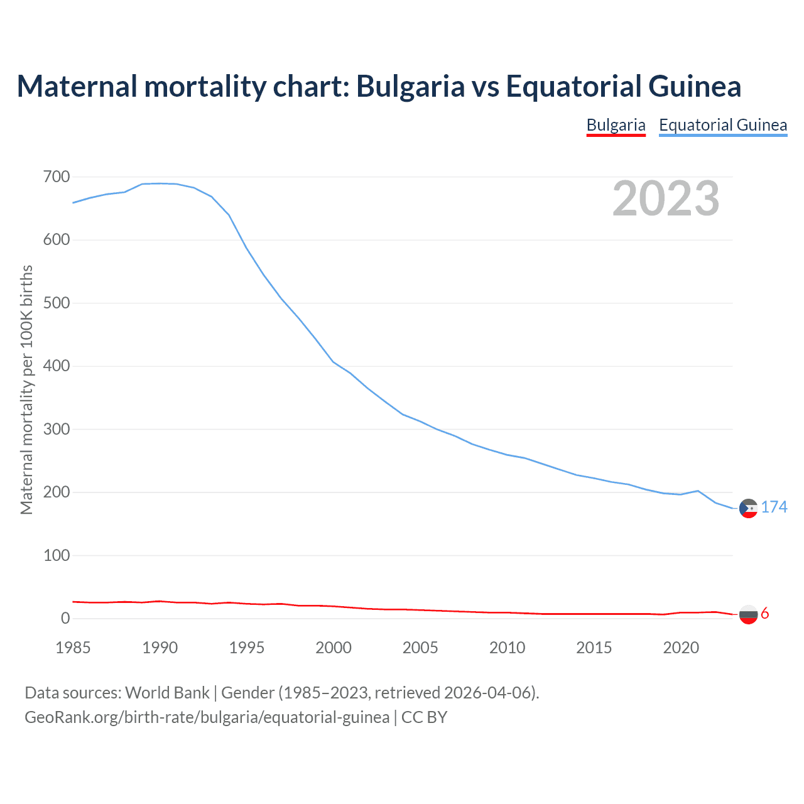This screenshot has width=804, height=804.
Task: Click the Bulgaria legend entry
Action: [x=616, y=125]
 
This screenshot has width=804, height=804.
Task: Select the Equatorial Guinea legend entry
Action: [x=723, y=125]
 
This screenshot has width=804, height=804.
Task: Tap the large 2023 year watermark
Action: [x=666, y=198]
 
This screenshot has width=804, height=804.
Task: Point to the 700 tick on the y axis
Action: [x=57, y=177]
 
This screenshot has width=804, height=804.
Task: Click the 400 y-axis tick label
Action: [x=57, y=366]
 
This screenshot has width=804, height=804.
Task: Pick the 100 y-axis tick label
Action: [x=57, y=556]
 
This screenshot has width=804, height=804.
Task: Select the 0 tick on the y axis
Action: [x=65, y=619]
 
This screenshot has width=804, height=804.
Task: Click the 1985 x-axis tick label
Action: [x=73, y=648]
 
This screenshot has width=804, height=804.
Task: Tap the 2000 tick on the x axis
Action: [x=334, y=648]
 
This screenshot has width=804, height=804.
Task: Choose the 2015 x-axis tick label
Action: [x=594, y=648]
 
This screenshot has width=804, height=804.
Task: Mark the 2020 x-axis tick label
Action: [x=681, y=648]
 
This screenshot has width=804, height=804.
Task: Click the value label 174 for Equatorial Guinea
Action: [x=774, y=507]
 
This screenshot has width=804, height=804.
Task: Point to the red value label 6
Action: [x=765, y=614]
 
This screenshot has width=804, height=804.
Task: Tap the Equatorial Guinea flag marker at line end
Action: [x=748, y=508]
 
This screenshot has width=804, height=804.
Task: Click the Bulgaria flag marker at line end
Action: [x=748, y=614]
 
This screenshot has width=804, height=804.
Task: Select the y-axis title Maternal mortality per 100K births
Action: [x=26, y=389]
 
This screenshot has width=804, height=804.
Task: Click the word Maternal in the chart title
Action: [x=77, y=86]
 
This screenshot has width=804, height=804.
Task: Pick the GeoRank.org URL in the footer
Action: [x=207, y=717]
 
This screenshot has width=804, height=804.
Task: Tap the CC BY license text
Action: [x=424, y=717]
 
